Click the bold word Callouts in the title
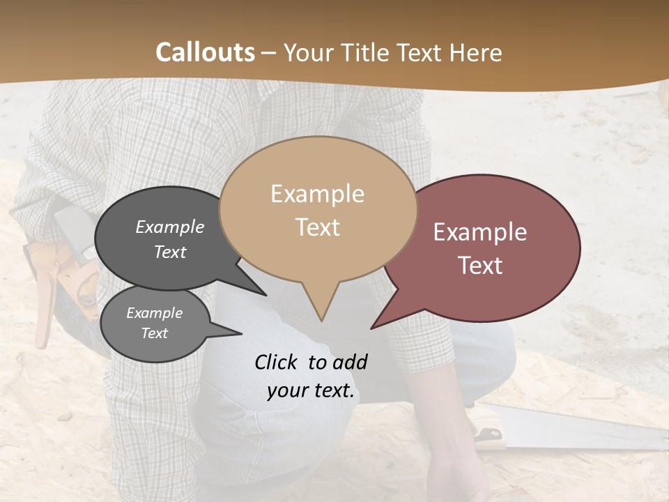(205, 52)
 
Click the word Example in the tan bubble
(317, 194)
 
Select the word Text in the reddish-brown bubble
(480, 266)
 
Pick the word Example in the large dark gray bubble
(169, 227)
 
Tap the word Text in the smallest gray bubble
(154, 333)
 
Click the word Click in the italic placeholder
(277, 362)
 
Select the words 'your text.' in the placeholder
(310, 390)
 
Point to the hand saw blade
(578, 429)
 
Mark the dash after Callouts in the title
(269, 52)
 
